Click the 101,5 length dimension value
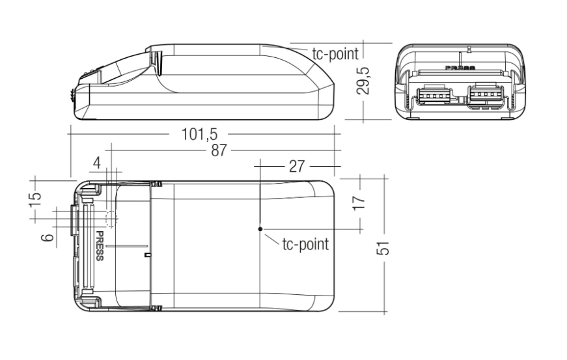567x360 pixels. click(x=199, y=135)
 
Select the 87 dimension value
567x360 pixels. click(x=219, y=150)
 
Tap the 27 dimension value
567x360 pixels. click(x=297, y=166)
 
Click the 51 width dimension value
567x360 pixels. click(x=384, y=248)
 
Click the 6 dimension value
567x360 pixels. click(x=47, y=238)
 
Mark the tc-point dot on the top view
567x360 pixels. click(x=260, y=229)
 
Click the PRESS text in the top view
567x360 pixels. click(x=100, y=245)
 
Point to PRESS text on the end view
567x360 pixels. click(x=460, y=67)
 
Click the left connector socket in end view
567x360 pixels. click(x=430, y=96)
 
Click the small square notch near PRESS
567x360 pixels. click(x=146, y=255)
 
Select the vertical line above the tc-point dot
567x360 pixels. click(x=260, y=195)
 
